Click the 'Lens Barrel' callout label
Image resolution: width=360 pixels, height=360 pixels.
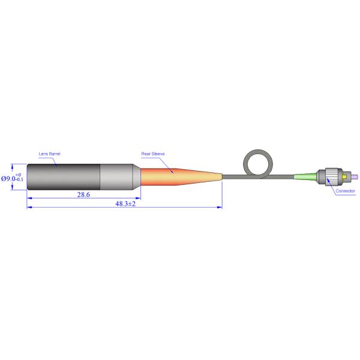[x=49, y=154]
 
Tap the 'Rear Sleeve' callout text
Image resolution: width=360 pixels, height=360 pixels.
[x=153, y=154]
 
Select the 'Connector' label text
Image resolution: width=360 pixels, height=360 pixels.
[x=345, y=191]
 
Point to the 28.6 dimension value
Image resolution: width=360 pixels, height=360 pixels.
[x=83, y=194]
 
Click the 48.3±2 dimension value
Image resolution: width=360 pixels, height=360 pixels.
[x=125, y=203]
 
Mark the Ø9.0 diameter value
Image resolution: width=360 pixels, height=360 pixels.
[x=8, y=178]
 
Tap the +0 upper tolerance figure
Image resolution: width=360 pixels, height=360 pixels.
[x=19, y=175]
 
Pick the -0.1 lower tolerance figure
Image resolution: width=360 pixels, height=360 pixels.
[x=20, y=179]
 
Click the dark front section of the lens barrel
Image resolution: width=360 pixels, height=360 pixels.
[x=64, y=177]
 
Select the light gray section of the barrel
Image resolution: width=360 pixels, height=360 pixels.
[x=116, y=177]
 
